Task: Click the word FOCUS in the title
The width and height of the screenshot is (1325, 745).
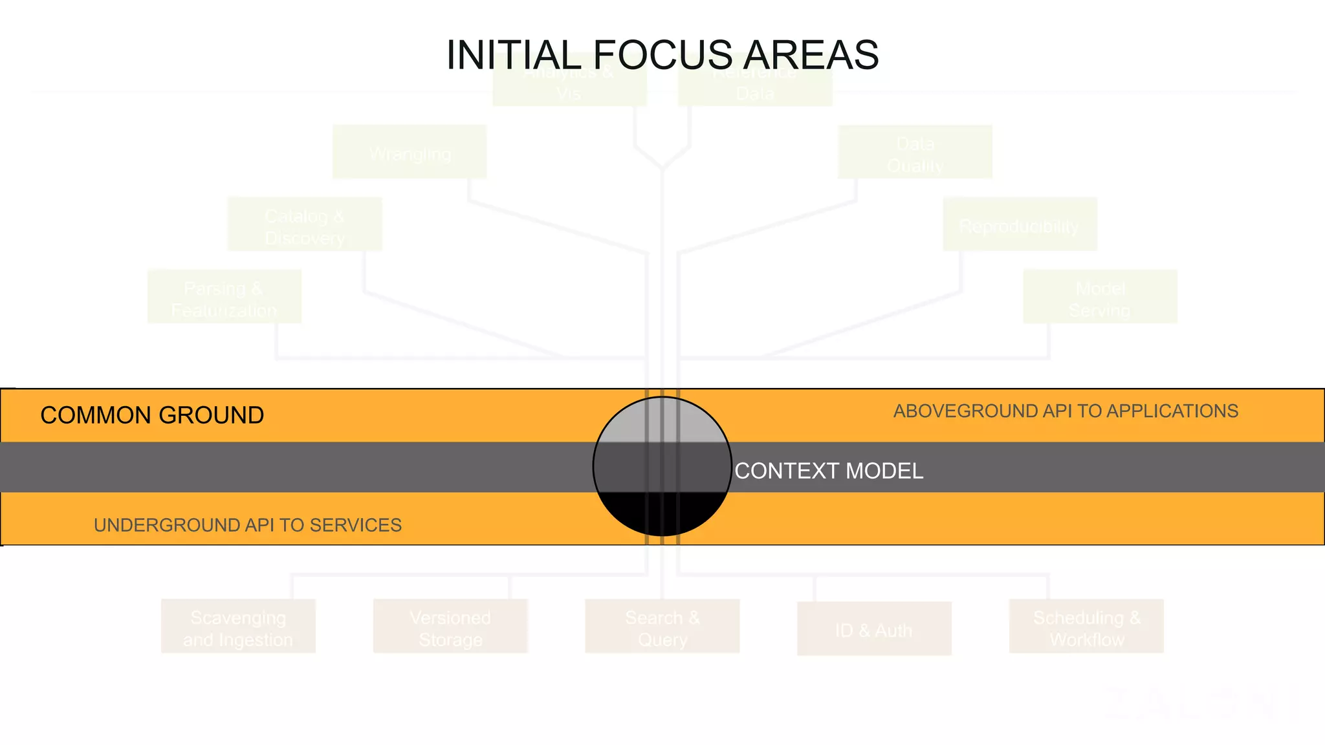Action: pos(662,55)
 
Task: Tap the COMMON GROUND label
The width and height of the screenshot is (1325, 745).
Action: pos(152,415)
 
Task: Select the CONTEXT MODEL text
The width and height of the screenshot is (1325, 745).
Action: pos(829,471)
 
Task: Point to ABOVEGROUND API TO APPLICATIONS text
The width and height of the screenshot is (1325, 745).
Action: pos(1066,411)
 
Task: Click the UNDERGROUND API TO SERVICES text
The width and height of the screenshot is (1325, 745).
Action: pos(248,525)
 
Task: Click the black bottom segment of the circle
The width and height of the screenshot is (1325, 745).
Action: pos(662,514)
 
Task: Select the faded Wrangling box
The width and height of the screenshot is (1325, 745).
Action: pos(410,152)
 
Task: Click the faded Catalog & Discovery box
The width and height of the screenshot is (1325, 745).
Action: pos(305,224)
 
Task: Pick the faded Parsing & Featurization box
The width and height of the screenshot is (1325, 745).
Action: pos(224,297)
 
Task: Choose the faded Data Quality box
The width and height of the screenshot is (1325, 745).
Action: pos(915,152)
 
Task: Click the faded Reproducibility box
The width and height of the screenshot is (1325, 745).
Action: pos(1020,224)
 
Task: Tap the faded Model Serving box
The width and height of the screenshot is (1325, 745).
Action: pos(1100,297)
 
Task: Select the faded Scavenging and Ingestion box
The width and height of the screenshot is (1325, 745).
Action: pos(238,626)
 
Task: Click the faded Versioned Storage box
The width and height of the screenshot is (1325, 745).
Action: pos(450,626)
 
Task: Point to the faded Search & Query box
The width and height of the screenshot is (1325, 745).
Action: pos(662,626)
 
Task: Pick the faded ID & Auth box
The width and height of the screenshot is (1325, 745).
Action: pos(874,629)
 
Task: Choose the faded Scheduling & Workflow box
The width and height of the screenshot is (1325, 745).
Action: pos(1086,626)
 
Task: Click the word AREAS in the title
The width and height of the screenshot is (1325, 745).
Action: pos(811,55)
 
